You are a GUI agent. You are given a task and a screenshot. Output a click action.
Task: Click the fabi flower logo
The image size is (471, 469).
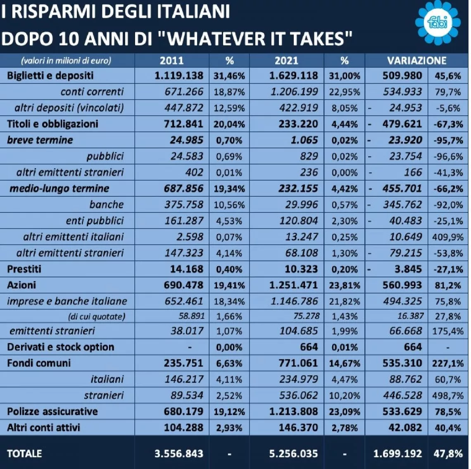pyautogui.click(x=438, y=23)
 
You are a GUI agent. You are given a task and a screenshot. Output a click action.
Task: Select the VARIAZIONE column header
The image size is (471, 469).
pyautogui.click(x=416, y=61)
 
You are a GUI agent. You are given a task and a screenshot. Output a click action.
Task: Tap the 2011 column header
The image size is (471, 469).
pyautogui.click(x=171, y=61)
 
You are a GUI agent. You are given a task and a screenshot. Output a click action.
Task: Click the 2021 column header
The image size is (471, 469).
pyautogui.click(x=286, y=61)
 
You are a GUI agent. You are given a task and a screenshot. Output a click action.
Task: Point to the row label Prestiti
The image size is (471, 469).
pyautogui.click(x=24, y=269)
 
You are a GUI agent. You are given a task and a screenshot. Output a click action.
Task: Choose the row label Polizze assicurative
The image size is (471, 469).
pyautogui.click(x=52, y=411)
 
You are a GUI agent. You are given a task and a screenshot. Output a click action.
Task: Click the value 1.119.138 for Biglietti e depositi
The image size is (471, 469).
pyautogui.click(x=179, y=76)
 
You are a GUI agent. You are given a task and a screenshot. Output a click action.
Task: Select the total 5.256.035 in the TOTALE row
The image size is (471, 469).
pyautogui.click(x=293, y=453)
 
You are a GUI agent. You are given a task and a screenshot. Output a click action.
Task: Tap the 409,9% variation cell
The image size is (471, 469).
pyautogui.click(x=448, y=237)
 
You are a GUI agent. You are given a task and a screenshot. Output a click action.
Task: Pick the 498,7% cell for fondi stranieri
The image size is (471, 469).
pyautogui.click(x=448, y=395)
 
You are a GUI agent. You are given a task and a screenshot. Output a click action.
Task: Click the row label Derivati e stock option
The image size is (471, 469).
pyautogui.click(x=60, y=347)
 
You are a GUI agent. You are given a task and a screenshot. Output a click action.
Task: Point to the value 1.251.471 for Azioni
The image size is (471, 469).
pyautogui.click(x=293, y=285)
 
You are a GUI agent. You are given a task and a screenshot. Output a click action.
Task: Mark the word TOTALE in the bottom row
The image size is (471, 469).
pyautogui.click(x=24, y=453)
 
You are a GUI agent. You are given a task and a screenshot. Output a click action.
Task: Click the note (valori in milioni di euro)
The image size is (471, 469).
pyautogui.click(x=66, y=61)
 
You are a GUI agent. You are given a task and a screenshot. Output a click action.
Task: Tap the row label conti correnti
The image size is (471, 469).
pyautogui.click(x=92, y=92)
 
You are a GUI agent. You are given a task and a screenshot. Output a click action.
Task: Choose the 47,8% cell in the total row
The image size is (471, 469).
pyautogui.click(x=448, y=453)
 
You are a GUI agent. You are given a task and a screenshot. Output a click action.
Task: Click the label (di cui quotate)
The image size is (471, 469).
pyautogui.click(x=96, y=317)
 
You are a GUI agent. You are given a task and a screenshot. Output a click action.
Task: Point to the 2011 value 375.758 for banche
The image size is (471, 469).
pyautogui.click(x=183, y=205)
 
